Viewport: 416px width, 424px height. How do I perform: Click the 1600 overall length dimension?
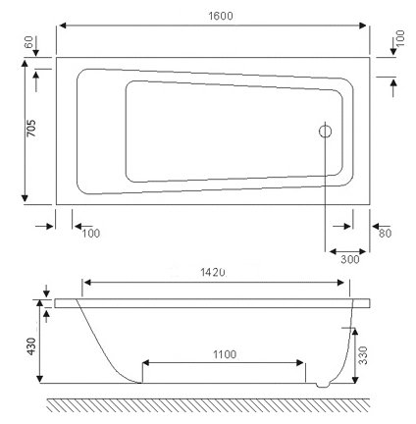tap(221, 16)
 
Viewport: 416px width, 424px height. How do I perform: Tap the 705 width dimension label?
tap(31, 129)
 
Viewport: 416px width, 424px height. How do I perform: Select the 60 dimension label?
tap(29, 42)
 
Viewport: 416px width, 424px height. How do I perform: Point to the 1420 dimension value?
tap(213, 272)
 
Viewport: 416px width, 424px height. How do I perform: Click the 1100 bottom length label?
tap(225, 354)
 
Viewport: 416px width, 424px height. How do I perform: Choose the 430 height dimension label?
tap(31, 345)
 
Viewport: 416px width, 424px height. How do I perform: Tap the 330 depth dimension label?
tap(363, 355)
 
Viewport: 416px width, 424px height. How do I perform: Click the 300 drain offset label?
tap(350, 259)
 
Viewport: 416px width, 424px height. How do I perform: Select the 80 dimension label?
tap(385, 234)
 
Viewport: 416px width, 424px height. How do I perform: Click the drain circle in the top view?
tap(325, 132)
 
